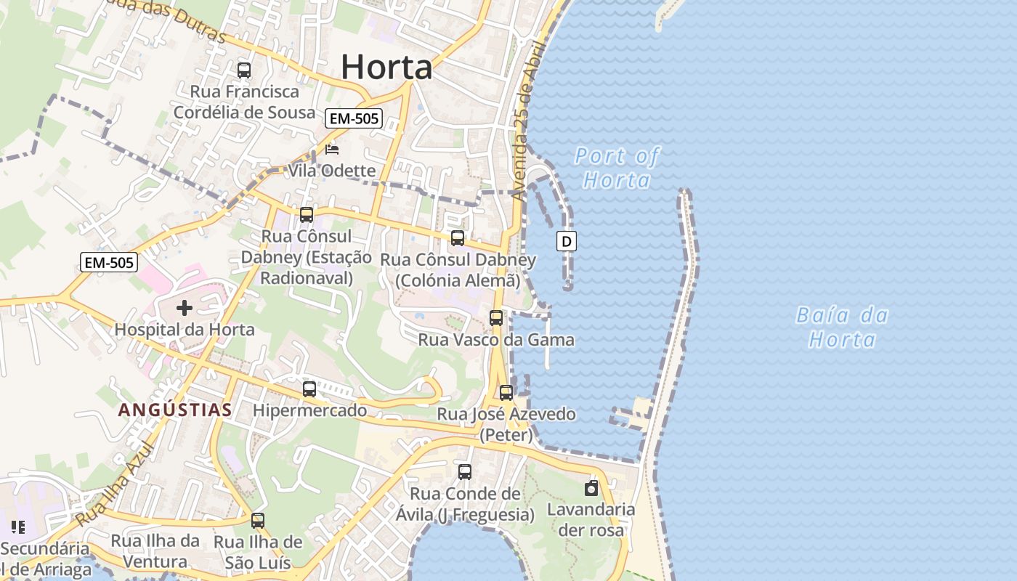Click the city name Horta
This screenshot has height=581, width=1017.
tap(386, 68)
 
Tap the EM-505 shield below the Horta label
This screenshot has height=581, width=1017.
tap(354, 118)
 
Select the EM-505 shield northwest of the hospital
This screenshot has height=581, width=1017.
tap(109, 262)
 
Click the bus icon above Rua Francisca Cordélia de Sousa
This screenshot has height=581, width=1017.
tap(244, 70)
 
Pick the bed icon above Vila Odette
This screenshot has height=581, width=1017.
tap(332, 150)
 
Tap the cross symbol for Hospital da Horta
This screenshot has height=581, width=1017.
tap(185, 308)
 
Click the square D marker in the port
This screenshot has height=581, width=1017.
tap(567, 241)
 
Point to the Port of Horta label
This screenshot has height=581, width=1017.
tap(617, 168)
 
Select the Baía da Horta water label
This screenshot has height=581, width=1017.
tap(843, 327)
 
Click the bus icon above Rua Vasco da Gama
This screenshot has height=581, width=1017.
tap(496, 318)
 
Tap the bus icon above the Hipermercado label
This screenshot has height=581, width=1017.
tap(309, 389)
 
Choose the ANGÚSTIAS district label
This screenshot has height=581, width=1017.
tap(175, 410)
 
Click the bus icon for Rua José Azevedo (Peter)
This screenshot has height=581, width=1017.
tap(506, 393)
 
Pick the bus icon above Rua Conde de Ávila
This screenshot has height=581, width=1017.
tap(465, 472)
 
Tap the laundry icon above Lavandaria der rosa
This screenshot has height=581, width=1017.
tap(591, 488)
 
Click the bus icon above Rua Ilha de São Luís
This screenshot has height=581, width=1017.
tap(258, 521)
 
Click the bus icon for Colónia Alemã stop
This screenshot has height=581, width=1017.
tap(458, 238)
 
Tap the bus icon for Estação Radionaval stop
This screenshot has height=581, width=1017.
tap(307, 215)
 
